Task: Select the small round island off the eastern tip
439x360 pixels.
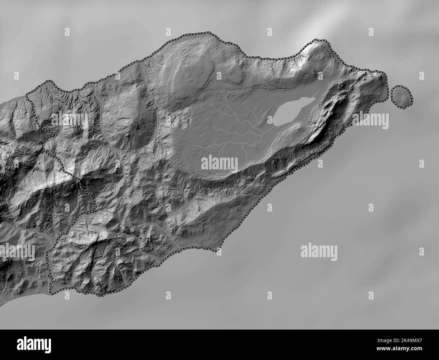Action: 402,96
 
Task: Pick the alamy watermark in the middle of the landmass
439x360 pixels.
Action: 219,164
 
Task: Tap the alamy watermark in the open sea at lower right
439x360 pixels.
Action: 319,251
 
